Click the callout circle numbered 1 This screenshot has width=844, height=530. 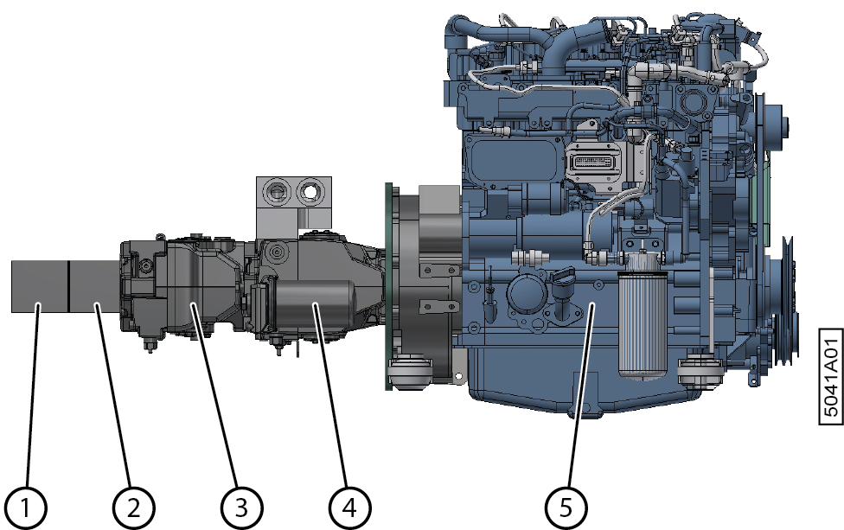(x=26, y=508)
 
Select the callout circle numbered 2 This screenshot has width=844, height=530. (x=133, y=508)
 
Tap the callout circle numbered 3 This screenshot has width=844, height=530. (x=241, y=508)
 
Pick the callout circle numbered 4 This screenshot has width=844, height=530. (x=349, y=508)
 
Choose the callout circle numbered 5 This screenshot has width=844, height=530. (x=566, y=508)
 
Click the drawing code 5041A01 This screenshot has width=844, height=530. (x=831, y=376)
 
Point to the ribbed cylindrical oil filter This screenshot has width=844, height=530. (x=643, y=322)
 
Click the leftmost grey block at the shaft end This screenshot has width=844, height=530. (x=40, y=286)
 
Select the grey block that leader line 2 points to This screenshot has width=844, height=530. (x=95, y=286)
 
